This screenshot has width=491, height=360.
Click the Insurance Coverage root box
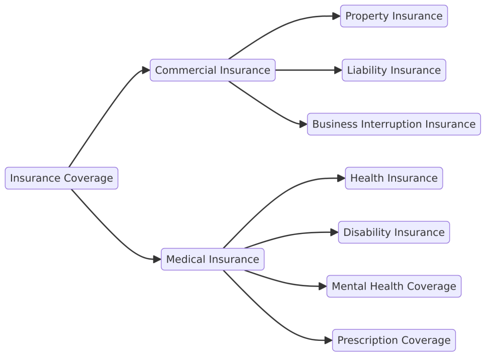coord(61,178)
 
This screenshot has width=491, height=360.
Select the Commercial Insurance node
coord(212,70)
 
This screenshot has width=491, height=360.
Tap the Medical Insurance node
coord(212,259)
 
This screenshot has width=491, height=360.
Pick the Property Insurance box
coord(394,16)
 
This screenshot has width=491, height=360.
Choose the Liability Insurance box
coord(394,70)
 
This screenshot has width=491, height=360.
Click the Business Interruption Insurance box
coord(394,124)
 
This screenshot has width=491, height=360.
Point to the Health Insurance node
coord(394,178)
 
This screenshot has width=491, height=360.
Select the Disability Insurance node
coord(394,232)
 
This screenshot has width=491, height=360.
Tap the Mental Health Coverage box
coord(394,286)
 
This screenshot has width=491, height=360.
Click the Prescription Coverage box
coord(394,340)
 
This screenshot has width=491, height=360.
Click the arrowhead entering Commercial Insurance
coord(146,70)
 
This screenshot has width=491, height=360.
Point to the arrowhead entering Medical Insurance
coord(157,259)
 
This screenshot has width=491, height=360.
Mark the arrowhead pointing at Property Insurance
coord(337,16)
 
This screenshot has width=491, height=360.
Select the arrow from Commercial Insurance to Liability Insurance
coord(309,70)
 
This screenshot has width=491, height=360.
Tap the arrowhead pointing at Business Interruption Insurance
coord(304,124)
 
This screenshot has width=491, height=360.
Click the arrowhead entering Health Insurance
coord(341,178)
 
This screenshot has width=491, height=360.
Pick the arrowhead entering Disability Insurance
coord(334,232)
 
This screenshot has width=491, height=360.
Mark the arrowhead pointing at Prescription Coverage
coord(328,340)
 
